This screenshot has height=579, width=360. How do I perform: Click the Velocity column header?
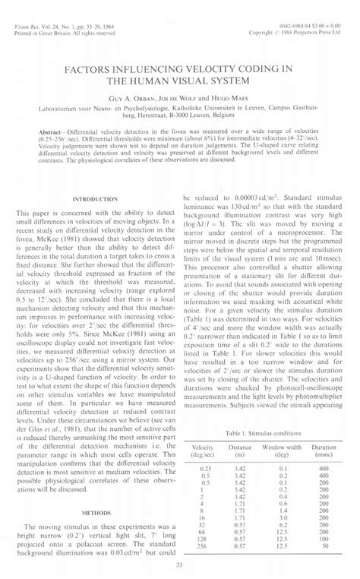(203, 449)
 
